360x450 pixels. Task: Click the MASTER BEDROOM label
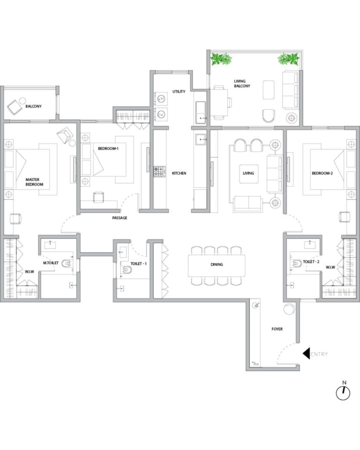(x=34, y=182)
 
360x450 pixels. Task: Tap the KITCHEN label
(x=179, y=173)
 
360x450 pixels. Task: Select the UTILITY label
(x=179, y=91)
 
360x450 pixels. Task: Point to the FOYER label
(x=277, y=329)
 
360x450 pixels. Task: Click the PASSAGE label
(x=120, y=218)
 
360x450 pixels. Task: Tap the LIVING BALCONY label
(x=242, y=83)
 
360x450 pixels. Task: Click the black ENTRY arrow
(x=307, y=353)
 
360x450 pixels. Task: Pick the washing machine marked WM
(x=161, y=98)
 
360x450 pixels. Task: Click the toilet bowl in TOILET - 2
(x=297, y=262)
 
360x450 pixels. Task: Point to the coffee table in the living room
(x=248, y=173)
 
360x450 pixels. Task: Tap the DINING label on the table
(x=217, y=264)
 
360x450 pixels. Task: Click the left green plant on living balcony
(x=221, y=59)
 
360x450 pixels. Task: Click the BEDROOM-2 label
(x=322, y=173)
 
